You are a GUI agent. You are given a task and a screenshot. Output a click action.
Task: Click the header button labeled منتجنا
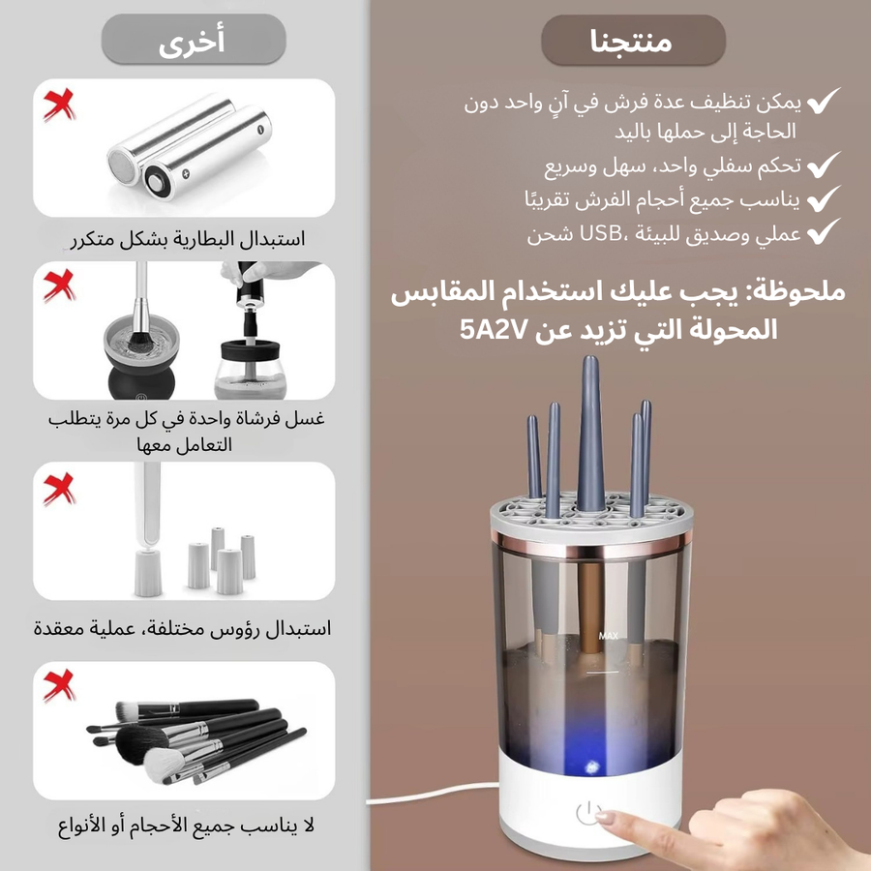coord(633,40)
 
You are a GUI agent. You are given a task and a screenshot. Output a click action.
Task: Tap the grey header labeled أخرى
coord(194,40)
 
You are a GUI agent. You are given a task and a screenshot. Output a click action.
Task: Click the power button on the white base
coord(587,813)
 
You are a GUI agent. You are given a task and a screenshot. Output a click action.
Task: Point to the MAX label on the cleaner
coord(609,636)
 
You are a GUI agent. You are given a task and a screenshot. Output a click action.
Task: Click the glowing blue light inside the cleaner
coord(590,767)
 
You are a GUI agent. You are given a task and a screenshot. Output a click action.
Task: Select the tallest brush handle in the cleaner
coord(590,434)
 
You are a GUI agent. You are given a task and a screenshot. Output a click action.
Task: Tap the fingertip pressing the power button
coord(606,817)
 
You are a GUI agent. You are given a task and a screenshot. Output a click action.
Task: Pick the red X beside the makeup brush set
coord(59,685)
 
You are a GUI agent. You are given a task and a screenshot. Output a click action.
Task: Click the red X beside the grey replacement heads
coord(59,489)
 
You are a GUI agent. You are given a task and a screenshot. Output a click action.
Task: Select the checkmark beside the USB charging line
coord(824,231)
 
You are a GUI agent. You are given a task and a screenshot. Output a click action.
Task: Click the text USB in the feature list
coord(600,234)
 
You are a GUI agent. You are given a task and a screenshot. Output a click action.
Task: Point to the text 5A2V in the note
coord(494,330)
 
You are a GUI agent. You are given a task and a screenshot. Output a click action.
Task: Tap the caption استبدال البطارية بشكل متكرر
coord(188,239)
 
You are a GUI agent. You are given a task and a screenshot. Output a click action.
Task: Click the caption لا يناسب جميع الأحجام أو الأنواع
coord(186,826)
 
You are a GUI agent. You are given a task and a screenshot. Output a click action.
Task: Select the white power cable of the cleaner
coord(434,794)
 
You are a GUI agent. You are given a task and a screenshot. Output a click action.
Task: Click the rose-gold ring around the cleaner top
coord(592,547)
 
